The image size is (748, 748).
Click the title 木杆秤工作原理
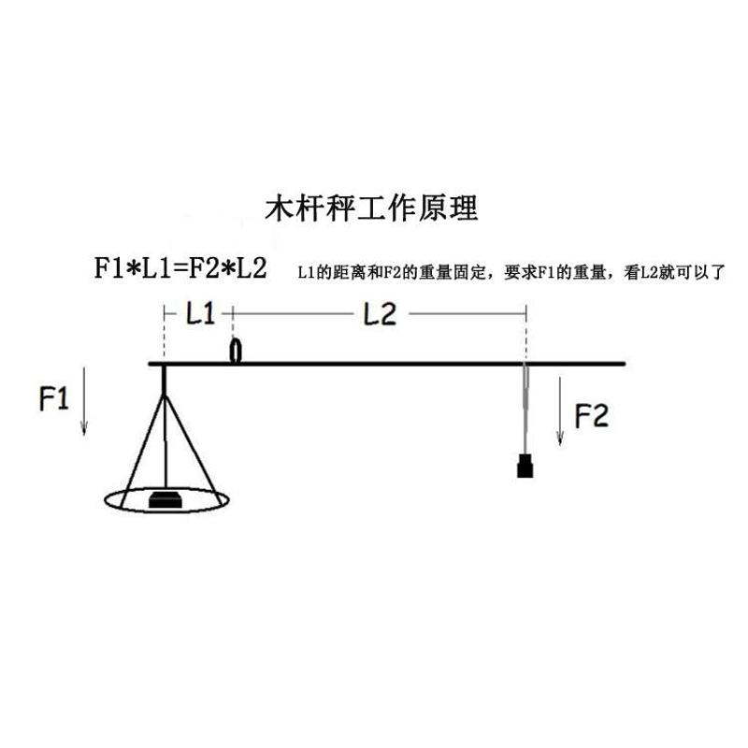(372, 207)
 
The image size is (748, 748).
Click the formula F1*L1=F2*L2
(181, 268)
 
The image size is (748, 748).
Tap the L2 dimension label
(379, 314)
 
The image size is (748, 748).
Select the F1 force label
(54, 400)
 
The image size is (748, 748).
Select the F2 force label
(592, 414)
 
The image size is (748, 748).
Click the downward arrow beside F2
(559, 411)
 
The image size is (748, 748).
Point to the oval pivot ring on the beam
(236, 352)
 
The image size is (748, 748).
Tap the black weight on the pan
(168, 499)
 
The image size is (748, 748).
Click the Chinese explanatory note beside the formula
(511, 273)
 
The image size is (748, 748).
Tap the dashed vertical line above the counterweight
(525, 332)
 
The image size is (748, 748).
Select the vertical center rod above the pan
(165, 439)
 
